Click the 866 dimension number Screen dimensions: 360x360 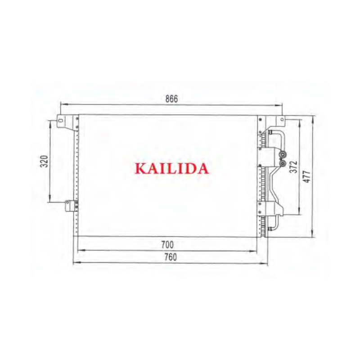(x=171, y=99)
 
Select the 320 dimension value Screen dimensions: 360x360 (x=44, y=162)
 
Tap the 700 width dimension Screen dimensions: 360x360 (x=167, y=245)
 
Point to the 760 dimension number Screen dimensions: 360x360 (x=171, y=257)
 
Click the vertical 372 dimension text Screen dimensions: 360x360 (x=294, y=166)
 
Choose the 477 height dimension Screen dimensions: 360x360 (x=307, y=176)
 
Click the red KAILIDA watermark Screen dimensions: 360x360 (x=172, y=168)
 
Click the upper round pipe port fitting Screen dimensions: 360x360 (x=283, y=154)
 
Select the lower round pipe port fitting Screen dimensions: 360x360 (x=283, y=163)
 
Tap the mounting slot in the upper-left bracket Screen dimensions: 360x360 (x=61, y=120)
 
